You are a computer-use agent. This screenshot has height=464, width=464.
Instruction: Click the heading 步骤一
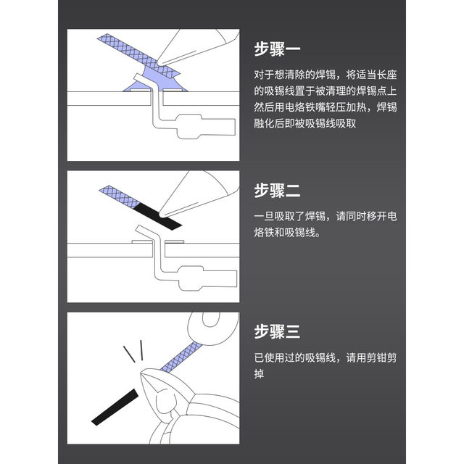coord(277,50)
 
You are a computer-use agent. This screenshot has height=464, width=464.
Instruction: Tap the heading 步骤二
coord(277,191)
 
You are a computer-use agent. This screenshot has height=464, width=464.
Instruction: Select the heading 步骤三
coord(277,332)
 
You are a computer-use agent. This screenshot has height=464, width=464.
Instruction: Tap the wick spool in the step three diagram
coord(214,326)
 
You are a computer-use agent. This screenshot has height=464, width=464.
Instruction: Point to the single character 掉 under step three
coord(259,375)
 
